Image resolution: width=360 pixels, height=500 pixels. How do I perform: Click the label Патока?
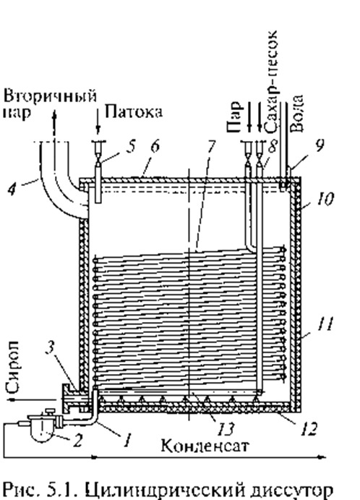[134, 112]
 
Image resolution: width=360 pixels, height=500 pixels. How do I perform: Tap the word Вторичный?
[50, 96]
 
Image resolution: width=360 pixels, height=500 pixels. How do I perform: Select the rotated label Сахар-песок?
[273, 82]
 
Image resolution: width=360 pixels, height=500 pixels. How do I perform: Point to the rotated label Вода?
[297, 113]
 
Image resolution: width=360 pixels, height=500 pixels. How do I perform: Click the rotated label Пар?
[233, 116]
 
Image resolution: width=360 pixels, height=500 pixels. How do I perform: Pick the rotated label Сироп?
[14, 366]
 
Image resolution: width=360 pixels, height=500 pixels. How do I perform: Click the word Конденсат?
[205, 445]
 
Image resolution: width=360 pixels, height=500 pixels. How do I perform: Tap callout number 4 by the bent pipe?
[12, 190]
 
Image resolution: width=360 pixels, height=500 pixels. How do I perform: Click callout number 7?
[210, 146]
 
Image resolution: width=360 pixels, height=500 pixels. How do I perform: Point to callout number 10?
[325, 199]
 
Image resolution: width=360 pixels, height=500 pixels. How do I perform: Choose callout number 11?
[325, 324]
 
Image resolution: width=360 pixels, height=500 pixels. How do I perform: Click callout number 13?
[226, 429]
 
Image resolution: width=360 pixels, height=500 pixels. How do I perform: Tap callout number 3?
[50, 347]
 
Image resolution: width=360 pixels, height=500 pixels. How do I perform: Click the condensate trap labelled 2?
[43, 428]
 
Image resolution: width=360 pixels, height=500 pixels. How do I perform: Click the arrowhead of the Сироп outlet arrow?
[12, 399]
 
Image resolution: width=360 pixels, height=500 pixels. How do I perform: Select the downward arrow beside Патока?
[98, 121]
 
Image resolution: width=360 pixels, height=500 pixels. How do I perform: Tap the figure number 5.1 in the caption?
[64, 489]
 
